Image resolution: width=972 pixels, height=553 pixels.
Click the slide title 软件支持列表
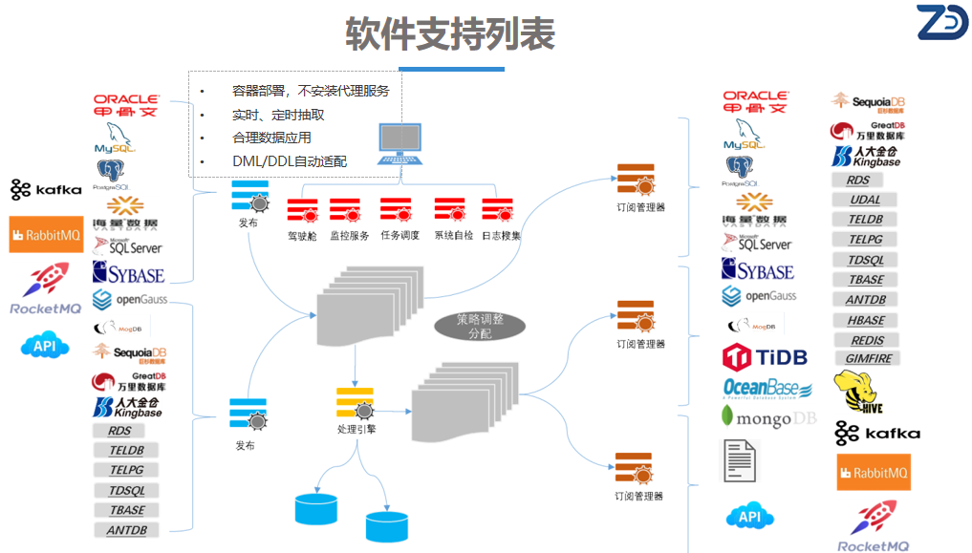tap(449, 34)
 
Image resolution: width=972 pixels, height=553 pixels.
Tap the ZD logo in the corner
tap(941, 23)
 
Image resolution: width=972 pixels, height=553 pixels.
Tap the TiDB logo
tap(765, 357)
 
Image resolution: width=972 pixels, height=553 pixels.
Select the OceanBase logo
tap(767, 388)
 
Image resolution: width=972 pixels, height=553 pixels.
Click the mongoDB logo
tap(768, 417)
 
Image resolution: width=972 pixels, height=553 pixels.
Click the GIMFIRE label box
tap(868, 359)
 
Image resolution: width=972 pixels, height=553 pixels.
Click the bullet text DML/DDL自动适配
tap(290, 161)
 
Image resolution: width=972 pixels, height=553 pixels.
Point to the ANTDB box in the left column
tap(126, 530)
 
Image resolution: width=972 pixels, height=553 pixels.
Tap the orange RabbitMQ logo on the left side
tap(46, 234)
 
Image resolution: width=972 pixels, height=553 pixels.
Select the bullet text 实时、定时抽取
tap(278, 115)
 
